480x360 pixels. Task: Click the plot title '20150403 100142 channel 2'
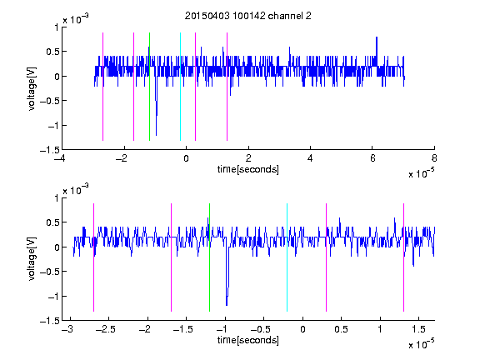(x=248, y=16)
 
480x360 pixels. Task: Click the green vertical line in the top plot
(x=149, y=87)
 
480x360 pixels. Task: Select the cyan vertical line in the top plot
(x=180, y=87)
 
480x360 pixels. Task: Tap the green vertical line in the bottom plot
(x=209, y=257)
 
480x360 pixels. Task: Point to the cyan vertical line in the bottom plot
(x=287, y=257)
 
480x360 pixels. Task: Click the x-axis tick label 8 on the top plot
(x=434, y=158)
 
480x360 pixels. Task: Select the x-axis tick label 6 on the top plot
(x=372, y=158)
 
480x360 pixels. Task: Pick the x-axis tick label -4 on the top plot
(x=60, y=158)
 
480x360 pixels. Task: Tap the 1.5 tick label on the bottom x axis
(x=418, y=329)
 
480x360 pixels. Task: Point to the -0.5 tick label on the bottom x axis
(x=260, y=329)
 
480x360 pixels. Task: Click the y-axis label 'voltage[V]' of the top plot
(x=32, y=89)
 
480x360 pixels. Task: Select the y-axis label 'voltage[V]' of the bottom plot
(x=32, y=259)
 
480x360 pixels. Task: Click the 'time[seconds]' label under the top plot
(x=248, y=169)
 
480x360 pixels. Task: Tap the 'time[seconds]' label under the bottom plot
(x=248, y=340)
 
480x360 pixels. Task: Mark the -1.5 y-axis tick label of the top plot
(x=50, y=150)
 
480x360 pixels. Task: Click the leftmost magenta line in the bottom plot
(x=93, y=257)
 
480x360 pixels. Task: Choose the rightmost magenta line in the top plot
(x=227, y=87)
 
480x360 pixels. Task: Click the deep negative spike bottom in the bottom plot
(x=227, y=305)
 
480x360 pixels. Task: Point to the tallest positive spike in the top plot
(x=377, y=37)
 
